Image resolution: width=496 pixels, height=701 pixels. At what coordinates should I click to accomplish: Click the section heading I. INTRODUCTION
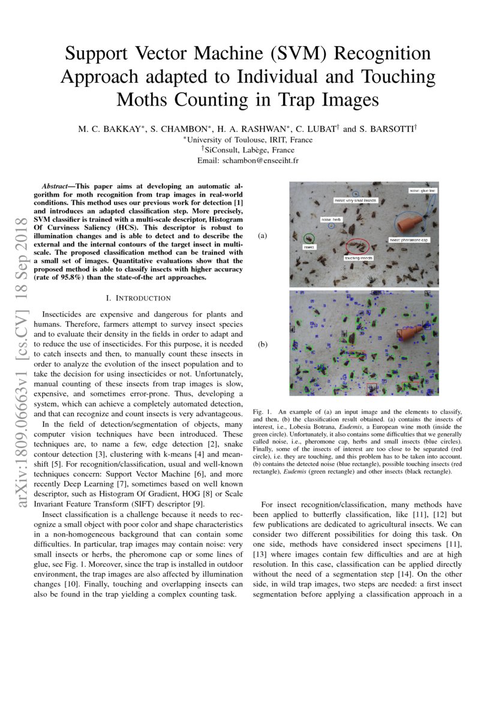tap(138, 298)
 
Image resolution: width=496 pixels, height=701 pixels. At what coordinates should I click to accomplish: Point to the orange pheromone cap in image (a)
tap(410, 225)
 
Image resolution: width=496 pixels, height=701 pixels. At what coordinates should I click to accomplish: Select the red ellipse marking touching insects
tap(358, 245)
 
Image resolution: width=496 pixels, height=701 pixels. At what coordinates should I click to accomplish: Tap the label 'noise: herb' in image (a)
tap(330, 220)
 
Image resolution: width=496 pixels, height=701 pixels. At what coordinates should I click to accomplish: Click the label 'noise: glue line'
tap(423, 191)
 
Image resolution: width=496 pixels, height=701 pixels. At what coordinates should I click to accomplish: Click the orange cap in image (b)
tap(408, 331)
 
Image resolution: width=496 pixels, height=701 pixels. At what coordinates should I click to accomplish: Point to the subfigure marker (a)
tap(262, 236)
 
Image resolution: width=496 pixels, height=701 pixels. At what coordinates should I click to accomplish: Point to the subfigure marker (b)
tap(262, 345)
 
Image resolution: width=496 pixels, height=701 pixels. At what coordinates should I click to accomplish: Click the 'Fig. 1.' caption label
tap(263, 413)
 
